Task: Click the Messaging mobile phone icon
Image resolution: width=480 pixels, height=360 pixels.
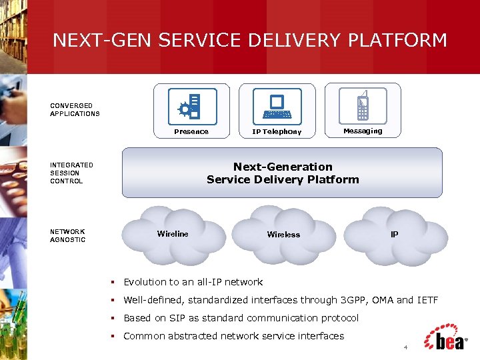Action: pyautogui.click(x=363, y=105)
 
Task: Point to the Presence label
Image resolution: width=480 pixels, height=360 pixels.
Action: pyautogui.click(x=191, y=131)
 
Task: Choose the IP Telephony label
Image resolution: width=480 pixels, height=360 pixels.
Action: pyautogui.click(x=277, y=132)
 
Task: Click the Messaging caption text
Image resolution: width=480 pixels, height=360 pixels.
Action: pyautogui.click(x=363, y=131)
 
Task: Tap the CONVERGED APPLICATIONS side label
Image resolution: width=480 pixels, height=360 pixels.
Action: pyautogui.click(x=75, y=109)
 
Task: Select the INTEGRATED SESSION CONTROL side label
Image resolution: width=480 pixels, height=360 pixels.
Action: pyautogui.click(x=71, y=173)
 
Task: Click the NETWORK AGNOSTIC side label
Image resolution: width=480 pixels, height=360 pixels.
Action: pyautogui.click(x=68, y=235)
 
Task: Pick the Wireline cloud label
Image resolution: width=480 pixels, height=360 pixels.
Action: pyautogui.click(x=173, y=233)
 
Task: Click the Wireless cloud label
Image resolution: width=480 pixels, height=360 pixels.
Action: pyautogui.click(x=283, y=234)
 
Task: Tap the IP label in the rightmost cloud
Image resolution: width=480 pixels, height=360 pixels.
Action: pyautogui.click(x=395, y=235)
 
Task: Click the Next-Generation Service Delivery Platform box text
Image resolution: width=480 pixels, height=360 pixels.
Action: pyautogui.click(x=283, y=173)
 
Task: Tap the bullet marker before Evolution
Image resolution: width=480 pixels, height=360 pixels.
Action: pyautogui.click(x=115, y=282)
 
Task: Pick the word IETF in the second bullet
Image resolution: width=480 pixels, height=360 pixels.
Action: pyautogui.click(x=427, y=300)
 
